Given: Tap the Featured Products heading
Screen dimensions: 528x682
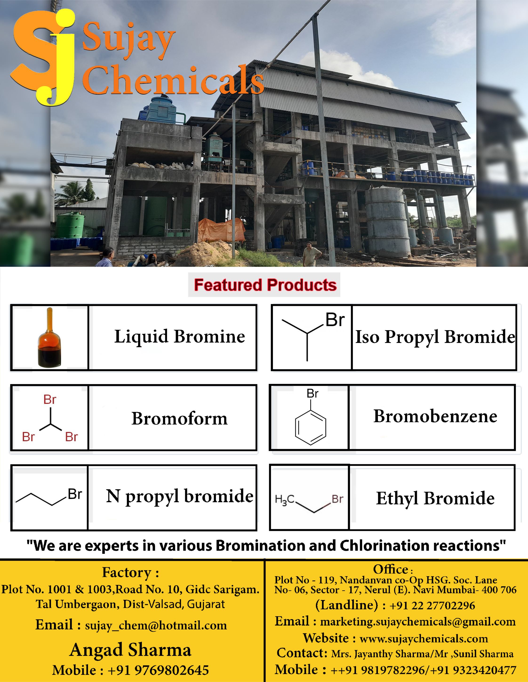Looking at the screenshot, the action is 265,285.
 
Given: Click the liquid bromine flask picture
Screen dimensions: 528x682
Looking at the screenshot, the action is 49,337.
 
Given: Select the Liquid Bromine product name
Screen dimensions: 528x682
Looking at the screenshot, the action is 180,337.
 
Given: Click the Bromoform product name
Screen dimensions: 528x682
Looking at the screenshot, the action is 180,419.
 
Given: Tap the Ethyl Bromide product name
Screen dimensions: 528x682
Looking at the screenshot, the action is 435,498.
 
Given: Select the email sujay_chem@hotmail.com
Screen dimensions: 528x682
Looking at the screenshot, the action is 156,625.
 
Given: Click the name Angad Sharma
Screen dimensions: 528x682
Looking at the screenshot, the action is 130,650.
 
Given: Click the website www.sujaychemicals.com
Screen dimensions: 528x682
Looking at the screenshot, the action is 424,639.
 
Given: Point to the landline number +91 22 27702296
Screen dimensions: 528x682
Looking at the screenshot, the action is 432,605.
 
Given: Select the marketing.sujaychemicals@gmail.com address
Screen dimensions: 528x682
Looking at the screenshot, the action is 418,622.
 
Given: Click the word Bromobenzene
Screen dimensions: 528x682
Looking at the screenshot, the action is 435,416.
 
